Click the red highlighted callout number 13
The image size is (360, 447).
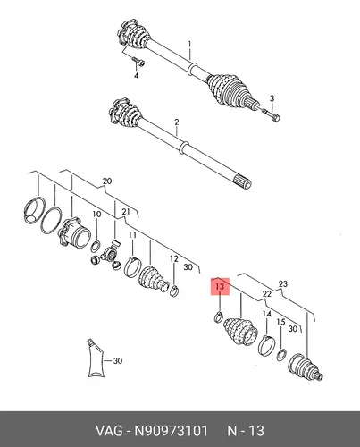(x=220, y=287)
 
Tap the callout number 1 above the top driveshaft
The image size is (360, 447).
(x=189, y=45)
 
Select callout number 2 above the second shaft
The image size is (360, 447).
(x=177, y=122)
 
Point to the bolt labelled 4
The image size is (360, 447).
(x=138, y=62)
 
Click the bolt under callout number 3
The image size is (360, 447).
(x=272, y=115)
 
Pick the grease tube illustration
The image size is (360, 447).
(x=96, y=358)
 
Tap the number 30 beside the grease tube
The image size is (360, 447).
(x=118, y=361)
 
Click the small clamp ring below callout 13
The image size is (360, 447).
(x=218, y=316)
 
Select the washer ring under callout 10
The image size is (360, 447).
(x=96, y=246)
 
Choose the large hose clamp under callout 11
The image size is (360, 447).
(x=131, y=266)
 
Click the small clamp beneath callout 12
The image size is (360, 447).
(x=174, y=291)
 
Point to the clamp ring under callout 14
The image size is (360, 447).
(x=265, y=345)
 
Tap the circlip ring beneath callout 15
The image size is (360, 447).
(x=281, y=355)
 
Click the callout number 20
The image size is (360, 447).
(x=107, y=181)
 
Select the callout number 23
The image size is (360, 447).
(x=283, y=283)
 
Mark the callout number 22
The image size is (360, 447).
(x=267, y=294)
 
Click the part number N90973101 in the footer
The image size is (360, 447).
(x=171, y=431)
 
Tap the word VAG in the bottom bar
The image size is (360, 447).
(x=109, y=431)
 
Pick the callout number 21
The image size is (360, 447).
(x=126, y=212)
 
